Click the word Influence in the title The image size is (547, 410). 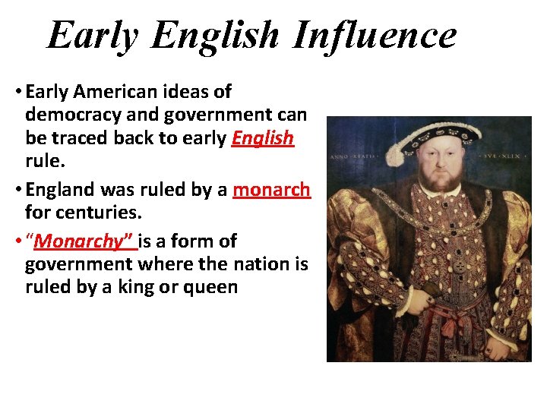click(374, 35)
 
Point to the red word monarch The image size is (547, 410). click(271, 190)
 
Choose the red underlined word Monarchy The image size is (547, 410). click(84, 241)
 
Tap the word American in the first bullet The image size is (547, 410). click(115, 92)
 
